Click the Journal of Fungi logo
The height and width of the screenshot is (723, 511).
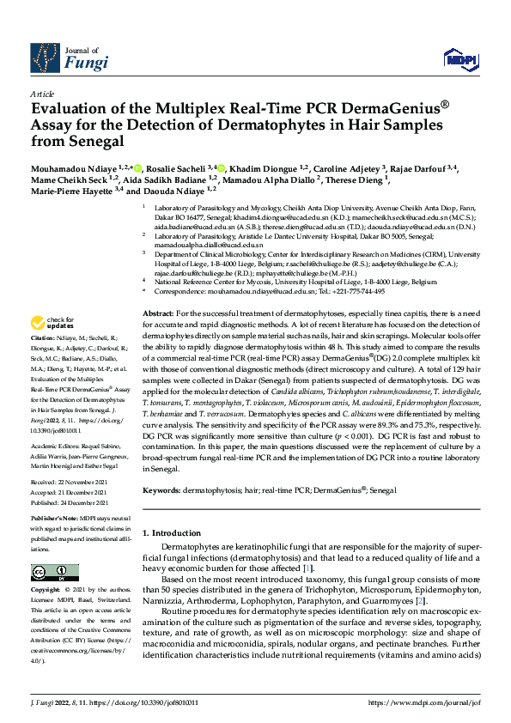click(70, 57)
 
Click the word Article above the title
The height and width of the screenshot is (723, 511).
click(42, 94)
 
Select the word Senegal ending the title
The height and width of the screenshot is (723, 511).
click(94, 140)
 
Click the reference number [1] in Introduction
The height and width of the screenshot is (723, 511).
click(307, 568)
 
